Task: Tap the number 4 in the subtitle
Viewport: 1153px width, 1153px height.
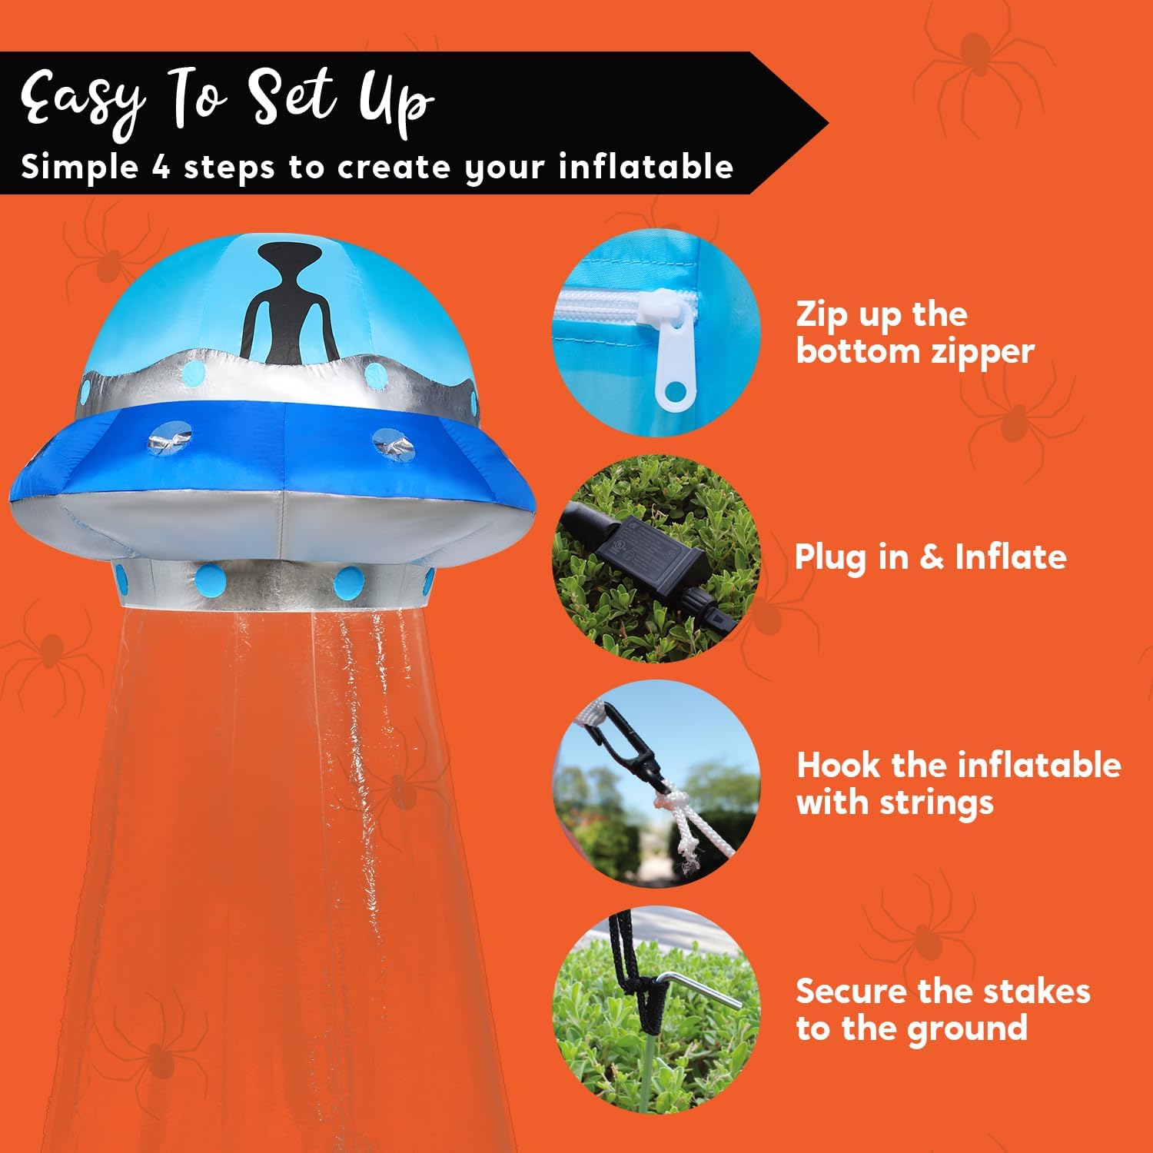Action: click(161, 167)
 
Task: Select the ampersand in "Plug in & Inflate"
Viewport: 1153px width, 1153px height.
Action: click(931, 557)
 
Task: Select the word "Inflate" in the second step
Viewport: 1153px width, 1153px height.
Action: click(1010, 557)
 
